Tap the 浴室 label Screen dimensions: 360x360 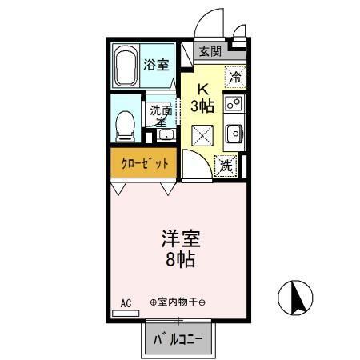[156, 65]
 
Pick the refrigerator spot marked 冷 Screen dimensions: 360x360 [235, 78]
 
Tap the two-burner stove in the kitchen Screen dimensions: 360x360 [234, 103]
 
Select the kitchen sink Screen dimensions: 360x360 [234, 134]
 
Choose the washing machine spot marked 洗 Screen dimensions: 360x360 [227, 166]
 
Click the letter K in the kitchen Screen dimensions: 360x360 [203, 90]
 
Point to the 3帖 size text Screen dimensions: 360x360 [203, 106]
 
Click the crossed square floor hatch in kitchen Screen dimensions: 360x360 [202, 135]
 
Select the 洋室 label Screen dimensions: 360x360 [182, 239]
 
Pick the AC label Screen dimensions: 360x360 [126, 303]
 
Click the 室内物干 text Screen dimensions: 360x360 [178, 303]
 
